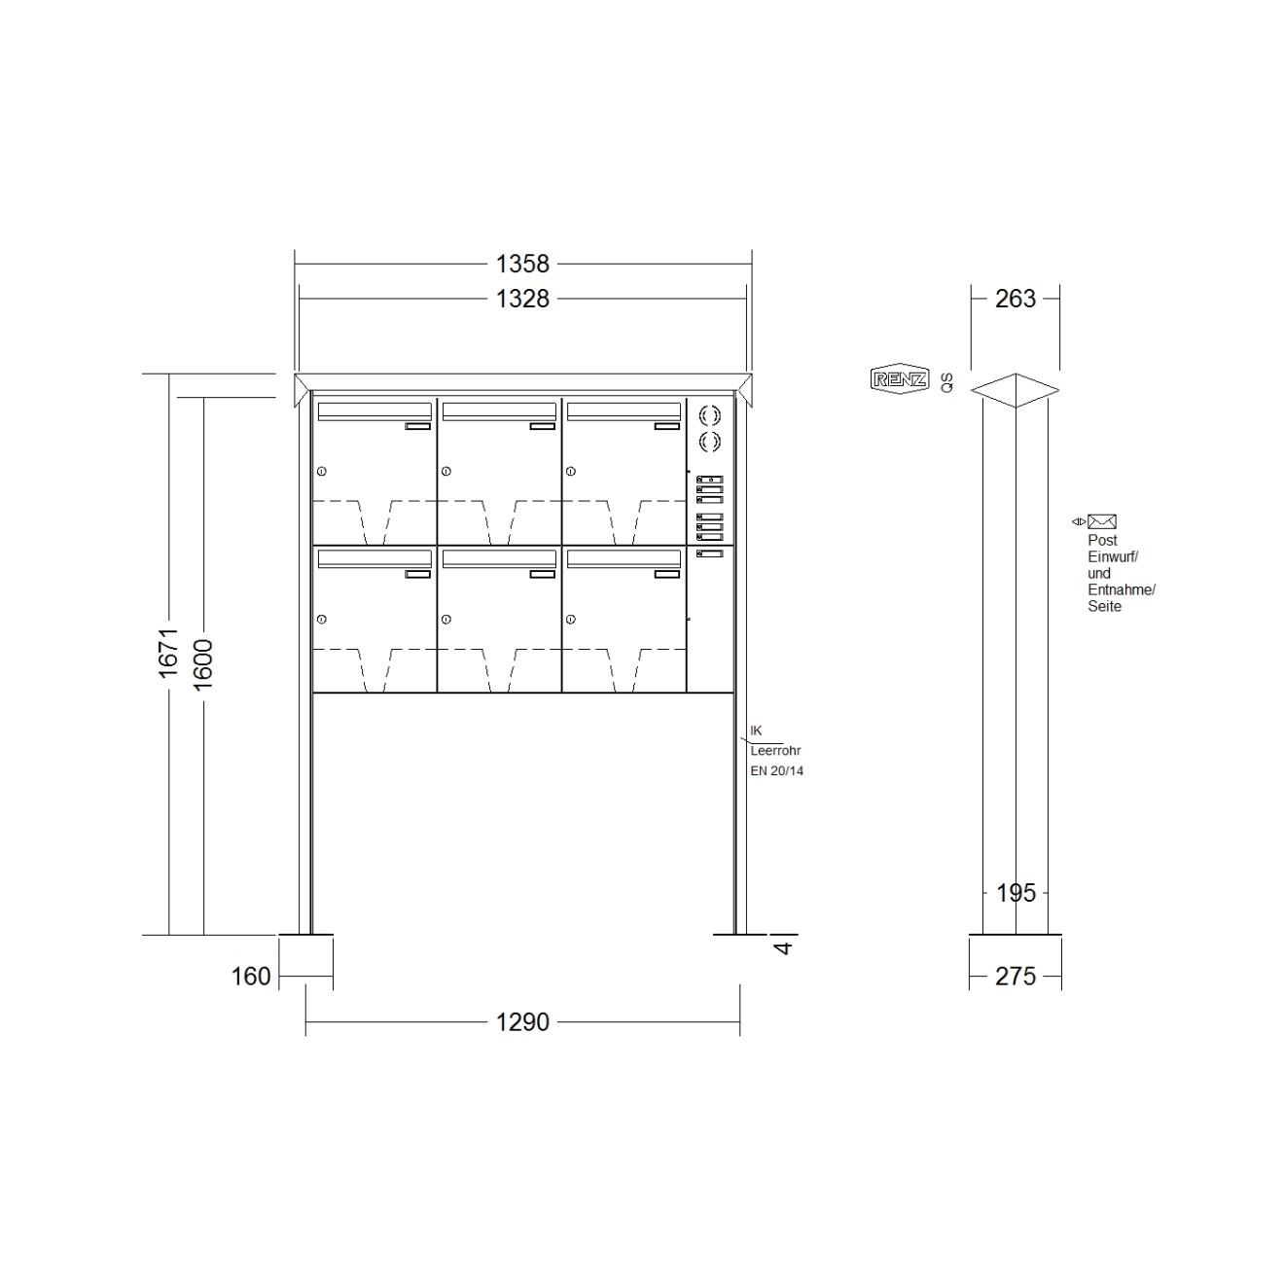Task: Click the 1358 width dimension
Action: click(x=522, y=264)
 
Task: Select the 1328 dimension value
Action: click(x=522, y=299)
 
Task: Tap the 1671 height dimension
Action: click(x=168, y=653)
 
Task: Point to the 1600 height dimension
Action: click(x=202, y=664)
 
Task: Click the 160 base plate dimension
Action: click(x=251, y=977)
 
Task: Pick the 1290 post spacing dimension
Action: click(x=522, y=1021)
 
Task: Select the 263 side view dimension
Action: click(x=1016, y=299)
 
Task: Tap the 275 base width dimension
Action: click(x=1016, y=977)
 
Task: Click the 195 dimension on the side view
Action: click(x=1016, y=893)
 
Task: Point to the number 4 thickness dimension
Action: click(x=784, y=946)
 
